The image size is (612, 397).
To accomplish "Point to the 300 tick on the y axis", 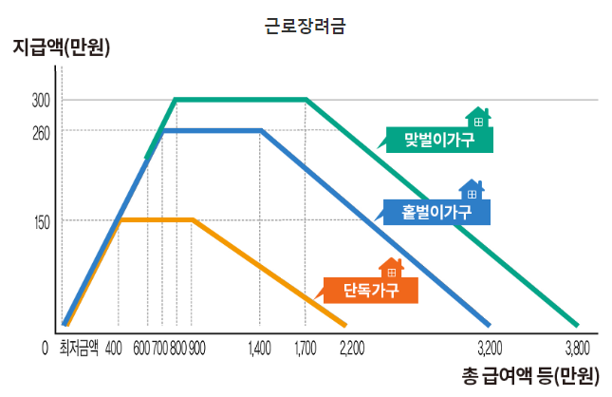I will point(41,100).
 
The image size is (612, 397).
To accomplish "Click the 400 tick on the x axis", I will point(114,348).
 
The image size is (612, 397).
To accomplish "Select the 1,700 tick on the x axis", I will point(305,348).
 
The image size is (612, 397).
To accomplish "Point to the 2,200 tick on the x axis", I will point(351,348).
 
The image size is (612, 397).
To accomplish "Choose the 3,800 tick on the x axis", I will point(578,348).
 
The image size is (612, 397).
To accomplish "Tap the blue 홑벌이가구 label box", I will point(437,212).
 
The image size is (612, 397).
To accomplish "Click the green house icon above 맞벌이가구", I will point(478,117).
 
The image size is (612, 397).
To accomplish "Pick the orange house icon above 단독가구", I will point(391,268).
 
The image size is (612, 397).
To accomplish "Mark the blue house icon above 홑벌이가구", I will point(472,189).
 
